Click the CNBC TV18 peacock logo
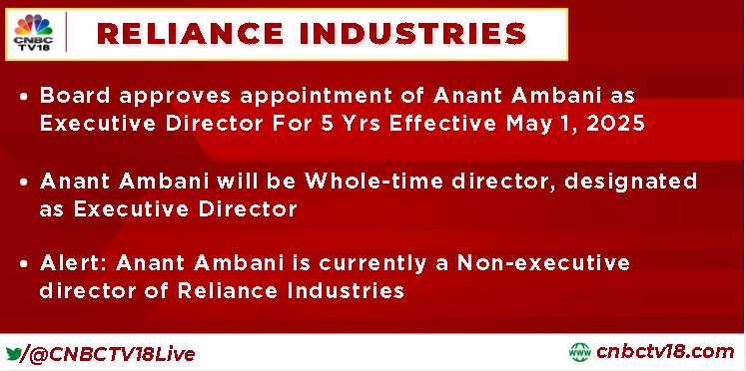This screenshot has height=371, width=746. point(33,33)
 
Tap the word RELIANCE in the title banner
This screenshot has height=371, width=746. point(191,34)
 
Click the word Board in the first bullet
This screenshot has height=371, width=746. point(76,96)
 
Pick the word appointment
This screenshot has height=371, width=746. point(325,98)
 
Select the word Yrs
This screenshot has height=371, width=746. point(360,124)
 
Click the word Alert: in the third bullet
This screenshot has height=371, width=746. point(73,262)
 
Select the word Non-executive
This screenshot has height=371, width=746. point(544,262)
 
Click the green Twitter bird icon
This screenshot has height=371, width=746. point(13,354)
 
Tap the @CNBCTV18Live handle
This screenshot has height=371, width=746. point(112,354)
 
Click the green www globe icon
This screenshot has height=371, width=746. point(579,352)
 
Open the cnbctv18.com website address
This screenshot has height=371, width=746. point(665,352)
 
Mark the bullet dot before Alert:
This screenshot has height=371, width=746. point(24,264)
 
